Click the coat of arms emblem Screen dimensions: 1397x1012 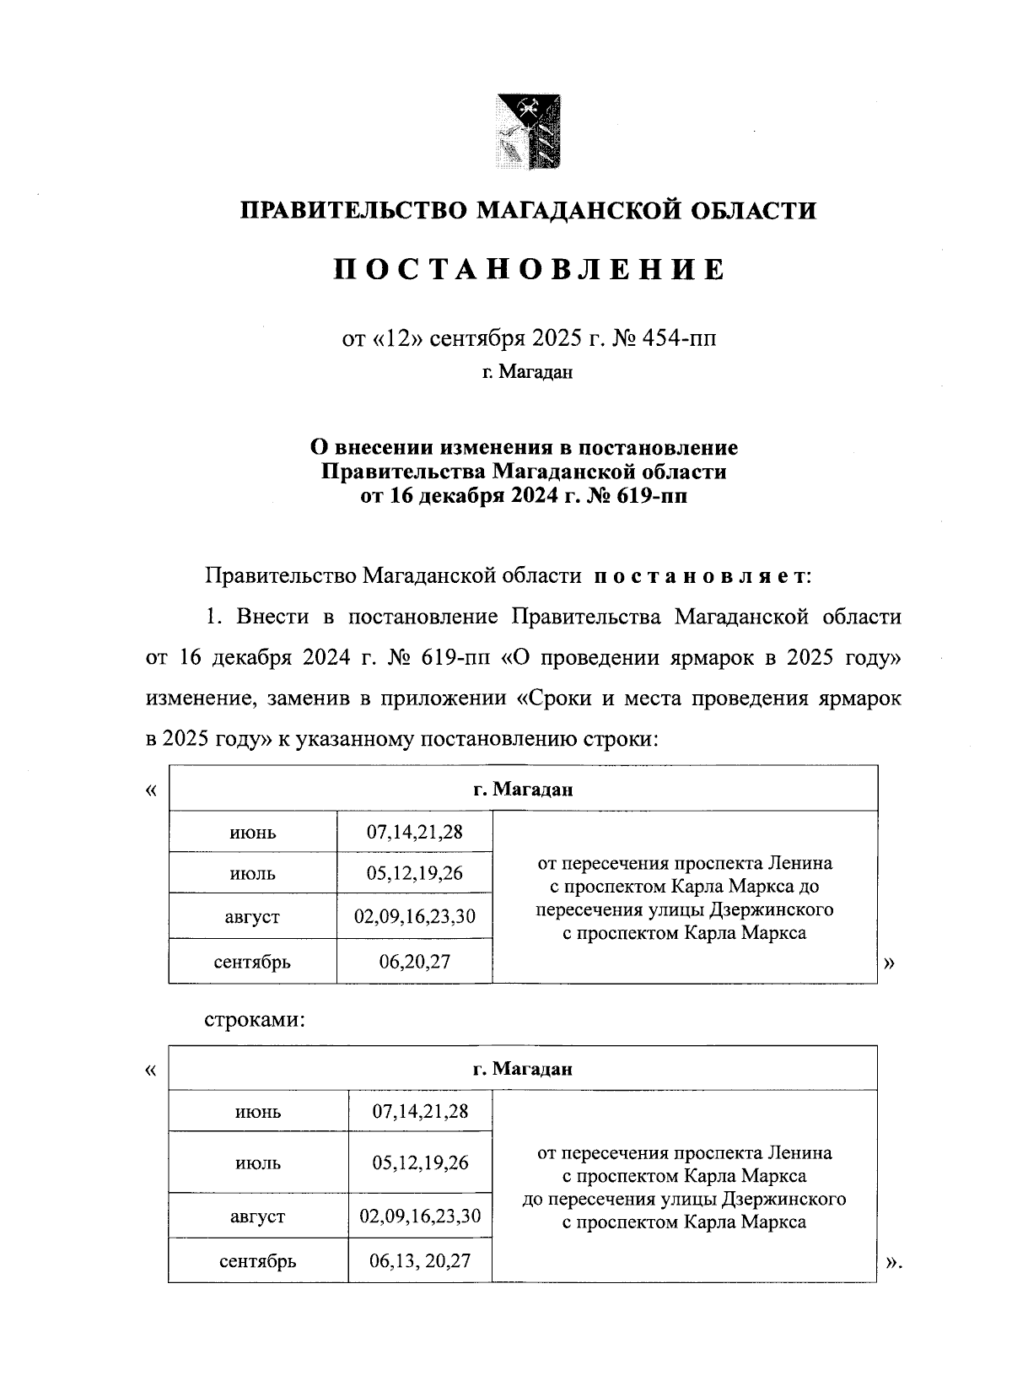click(x=529, y=131)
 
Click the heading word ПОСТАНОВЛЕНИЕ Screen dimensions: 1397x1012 click(x=529, y=269)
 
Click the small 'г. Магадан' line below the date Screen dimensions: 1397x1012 click(x=528, y=372)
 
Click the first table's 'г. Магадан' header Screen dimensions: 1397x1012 click(x=523, y=790)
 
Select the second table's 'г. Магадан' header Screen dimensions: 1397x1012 click(x=523, y=1069)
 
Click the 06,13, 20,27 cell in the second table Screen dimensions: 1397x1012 click(x=420, y=1261)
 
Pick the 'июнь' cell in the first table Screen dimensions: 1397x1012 click(x=253, y=833)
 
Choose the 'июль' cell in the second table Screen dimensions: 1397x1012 click(x=258, y=1163)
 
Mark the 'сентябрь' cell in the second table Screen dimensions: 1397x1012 click(x=258, y=1262)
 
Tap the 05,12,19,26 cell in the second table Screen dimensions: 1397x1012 click(x=420, y=1163)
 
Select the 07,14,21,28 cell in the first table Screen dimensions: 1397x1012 click(x=414, y=833)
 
